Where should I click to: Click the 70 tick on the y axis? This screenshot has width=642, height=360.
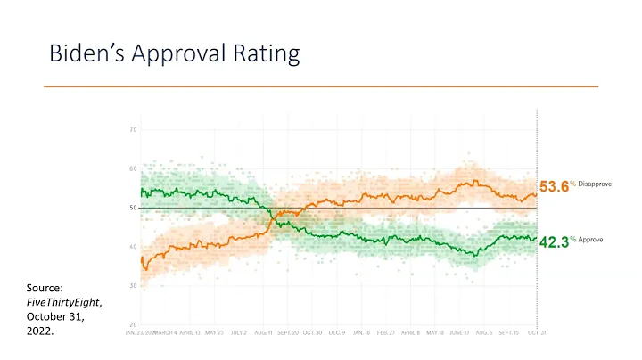(133, 130)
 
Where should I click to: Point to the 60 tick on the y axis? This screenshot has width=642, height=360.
(133, 169)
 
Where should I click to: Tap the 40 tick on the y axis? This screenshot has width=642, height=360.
(133, 247)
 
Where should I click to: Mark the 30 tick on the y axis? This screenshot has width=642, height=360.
(133, 286)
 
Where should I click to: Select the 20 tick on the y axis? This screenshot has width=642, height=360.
(133, 324)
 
